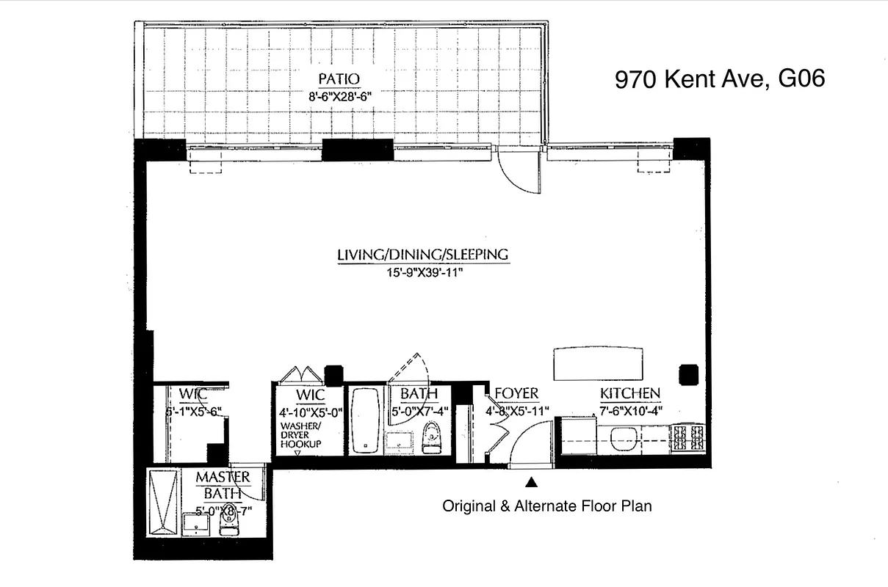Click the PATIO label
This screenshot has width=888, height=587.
[339, 79]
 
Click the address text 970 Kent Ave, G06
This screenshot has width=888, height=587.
[719, 79]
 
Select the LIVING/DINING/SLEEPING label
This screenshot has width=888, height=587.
[422, 255]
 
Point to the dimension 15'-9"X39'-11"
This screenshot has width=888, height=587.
[422, 273]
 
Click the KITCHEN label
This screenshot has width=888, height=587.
[629, 394]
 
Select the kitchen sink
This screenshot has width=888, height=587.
[625, 440]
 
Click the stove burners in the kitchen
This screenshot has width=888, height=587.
[688, 438]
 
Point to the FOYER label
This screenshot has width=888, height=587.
[516, 394]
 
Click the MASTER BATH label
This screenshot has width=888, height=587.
[222, 484]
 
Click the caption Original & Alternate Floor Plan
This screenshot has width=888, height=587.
[546, 506]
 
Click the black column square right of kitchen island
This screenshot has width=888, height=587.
[688, 374]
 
